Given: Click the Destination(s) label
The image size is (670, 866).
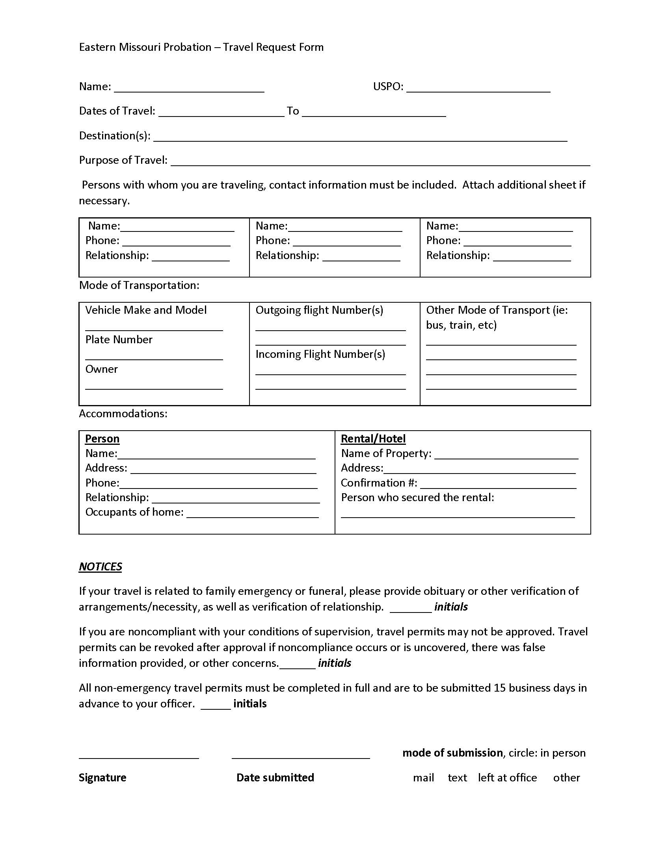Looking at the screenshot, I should [x=114, y=136].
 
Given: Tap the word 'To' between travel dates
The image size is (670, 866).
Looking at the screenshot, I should [x=292, y=111].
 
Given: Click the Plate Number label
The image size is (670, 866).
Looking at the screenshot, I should [x=119, y=340].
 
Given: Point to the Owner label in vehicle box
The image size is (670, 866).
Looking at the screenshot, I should [x=102, y=369].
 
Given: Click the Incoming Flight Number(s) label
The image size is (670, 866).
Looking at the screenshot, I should [x=320, y=354].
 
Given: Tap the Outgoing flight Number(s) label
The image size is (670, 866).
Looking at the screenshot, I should [x=319, y=310].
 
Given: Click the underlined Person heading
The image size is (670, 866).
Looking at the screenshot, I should [x=102, y=439].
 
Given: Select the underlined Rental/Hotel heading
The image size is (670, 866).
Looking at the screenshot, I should [x=373, y=439].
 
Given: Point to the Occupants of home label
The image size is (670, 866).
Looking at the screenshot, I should [x=134, y=512].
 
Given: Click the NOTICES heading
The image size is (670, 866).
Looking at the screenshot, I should [x=100, y=566].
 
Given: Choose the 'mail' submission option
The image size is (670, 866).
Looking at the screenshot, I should [x=423, y=778].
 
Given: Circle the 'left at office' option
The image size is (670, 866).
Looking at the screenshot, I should [x=507, y=778].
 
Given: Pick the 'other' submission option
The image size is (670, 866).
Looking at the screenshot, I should [x=566, y=778].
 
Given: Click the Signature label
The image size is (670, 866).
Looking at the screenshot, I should [x=102, y=778].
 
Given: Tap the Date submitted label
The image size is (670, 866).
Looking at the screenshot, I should [x=275, y=778].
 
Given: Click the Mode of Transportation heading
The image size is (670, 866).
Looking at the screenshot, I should [x=139, y=285].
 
